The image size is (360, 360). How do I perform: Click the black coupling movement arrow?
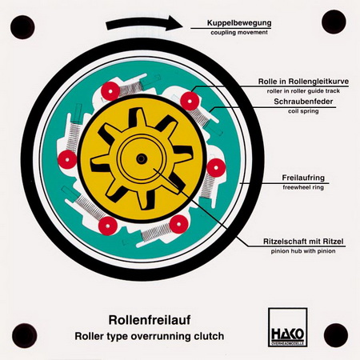(x=144, y=23)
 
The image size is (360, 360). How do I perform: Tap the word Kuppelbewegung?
(x=239, y=23)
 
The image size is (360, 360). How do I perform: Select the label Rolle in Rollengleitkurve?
(x=303, y=82)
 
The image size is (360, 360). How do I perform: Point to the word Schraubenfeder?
(x=303, y=102)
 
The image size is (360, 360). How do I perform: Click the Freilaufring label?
(x=303, y=178)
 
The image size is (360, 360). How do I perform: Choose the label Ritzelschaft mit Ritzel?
(x=303, y=242)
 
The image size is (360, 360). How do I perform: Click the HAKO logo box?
(x=288, y=327)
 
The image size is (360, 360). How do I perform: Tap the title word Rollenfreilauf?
(x=150, y=320)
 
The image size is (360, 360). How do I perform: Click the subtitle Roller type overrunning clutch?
(x=150, y=336)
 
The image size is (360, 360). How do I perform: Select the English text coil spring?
(x=303, y=111)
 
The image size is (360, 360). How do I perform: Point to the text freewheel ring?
(x=303, y=187)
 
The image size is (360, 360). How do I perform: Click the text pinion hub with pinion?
(x=303, y=251)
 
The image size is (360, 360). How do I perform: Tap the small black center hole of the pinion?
(x=142, y=159)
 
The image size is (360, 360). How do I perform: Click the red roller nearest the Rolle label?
(x=190, y=102)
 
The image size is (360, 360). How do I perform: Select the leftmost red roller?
(x=67, y=160)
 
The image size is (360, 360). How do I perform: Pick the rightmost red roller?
(x=216, y=168)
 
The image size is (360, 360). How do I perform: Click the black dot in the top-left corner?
(x=22, y=27)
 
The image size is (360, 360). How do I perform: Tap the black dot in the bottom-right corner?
(x=336, y=335)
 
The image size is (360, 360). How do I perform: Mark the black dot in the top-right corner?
(x=334, y=22)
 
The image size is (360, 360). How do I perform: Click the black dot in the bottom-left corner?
(x=25, y=335)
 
